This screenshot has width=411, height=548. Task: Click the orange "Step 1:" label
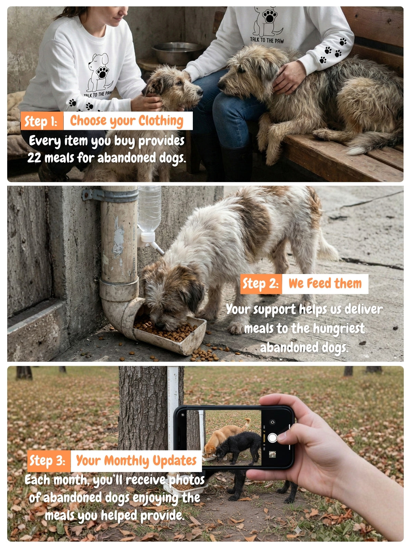(42, 121)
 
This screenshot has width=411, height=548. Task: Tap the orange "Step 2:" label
(261, 284)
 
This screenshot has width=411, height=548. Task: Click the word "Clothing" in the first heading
(161, 121)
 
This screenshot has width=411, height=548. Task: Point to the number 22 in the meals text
(34, 158)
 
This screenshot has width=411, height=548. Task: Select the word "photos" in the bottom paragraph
(186, 480)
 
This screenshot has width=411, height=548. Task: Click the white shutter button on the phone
(272, 438)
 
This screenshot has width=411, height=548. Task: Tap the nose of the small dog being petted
(200, 92)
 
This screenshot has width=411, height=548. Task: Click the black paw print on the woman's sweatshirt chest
(102, 72)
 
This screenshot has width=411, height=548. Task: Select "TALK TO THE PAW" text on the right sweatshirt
(267, 40)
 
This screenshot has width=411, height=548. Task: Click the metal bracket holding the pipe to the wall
(110, 195)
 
